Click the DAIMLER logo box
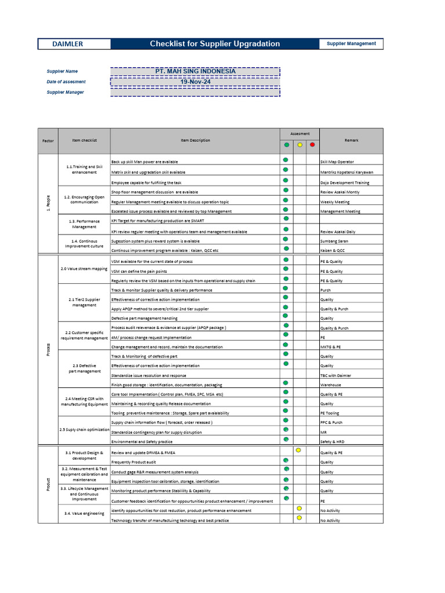click(68, 44)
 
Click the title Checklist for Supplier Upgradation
click(214, 44)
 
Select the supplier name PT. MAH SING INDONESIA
click(195, 71)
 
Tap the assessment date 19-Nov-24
click(195, 82)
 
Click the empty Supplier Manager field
click(195, 92)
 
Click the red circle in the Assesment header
click(312, 145)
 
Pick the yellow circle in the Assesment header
click(299, 145)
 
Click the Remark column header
click(351, 140)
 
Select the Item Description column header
click(195, 140)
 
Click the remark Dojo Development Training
click(344, 182)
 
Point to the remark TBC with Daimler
click(335, 375)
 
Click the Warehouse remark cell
click(330, 385)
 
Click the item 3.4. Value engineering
click(85, 513)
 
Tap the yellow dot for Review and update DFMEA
click(298, 450)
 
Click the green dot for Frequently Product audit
click(286, 460)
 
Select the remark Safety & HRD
click(333, 442)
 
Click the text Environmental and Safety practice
click(141, 442)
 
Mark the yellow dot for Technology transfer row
click(299, 518)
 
